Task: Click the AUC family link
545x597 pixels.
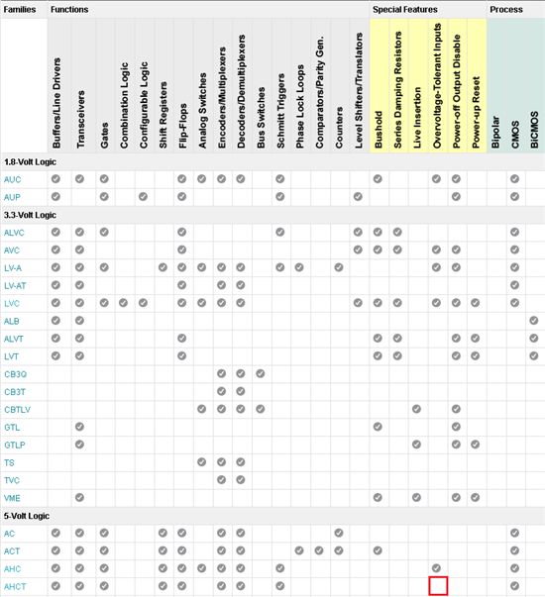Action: point(12,179)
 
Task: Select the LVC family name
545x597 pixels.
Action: point(12,303)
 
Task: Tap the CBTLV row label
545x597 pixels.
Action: point(17,410)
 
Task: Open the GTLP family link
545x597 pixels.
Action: point(15,446)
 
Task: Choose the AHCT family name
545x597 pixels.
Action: point(15,587)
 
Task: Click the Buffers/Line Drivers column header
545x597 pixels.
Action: point(56,103)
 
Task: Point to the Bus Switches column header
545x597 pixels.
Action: point(261,118)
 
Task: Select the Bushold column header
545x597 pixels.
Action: point(379,130)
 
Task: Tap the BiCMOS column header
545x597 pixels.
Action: point(534,130)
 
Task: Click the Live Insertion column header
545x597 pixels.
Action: point(417,118)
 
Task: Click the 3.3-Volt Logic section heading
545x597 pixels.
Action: point(30,215)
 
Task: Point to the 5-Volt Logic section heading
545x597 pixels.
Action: point(27,516)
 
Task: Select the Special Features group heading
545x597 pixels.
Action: point(405,10)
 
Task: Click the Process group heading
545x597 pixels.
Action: point(506,10)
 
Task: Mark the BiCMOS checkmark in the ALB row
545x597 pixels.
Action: point(534,321)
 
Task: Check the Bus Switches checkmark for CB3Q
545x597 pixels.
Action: point(261,373)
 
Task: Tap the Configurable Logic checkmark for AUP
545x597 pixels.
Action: point(143,196)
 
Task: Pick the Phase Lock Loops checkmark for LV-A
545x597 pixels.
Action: point(299,267)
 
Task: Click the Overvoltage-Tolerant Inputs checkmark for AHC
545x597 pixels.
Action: point(436,568)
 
